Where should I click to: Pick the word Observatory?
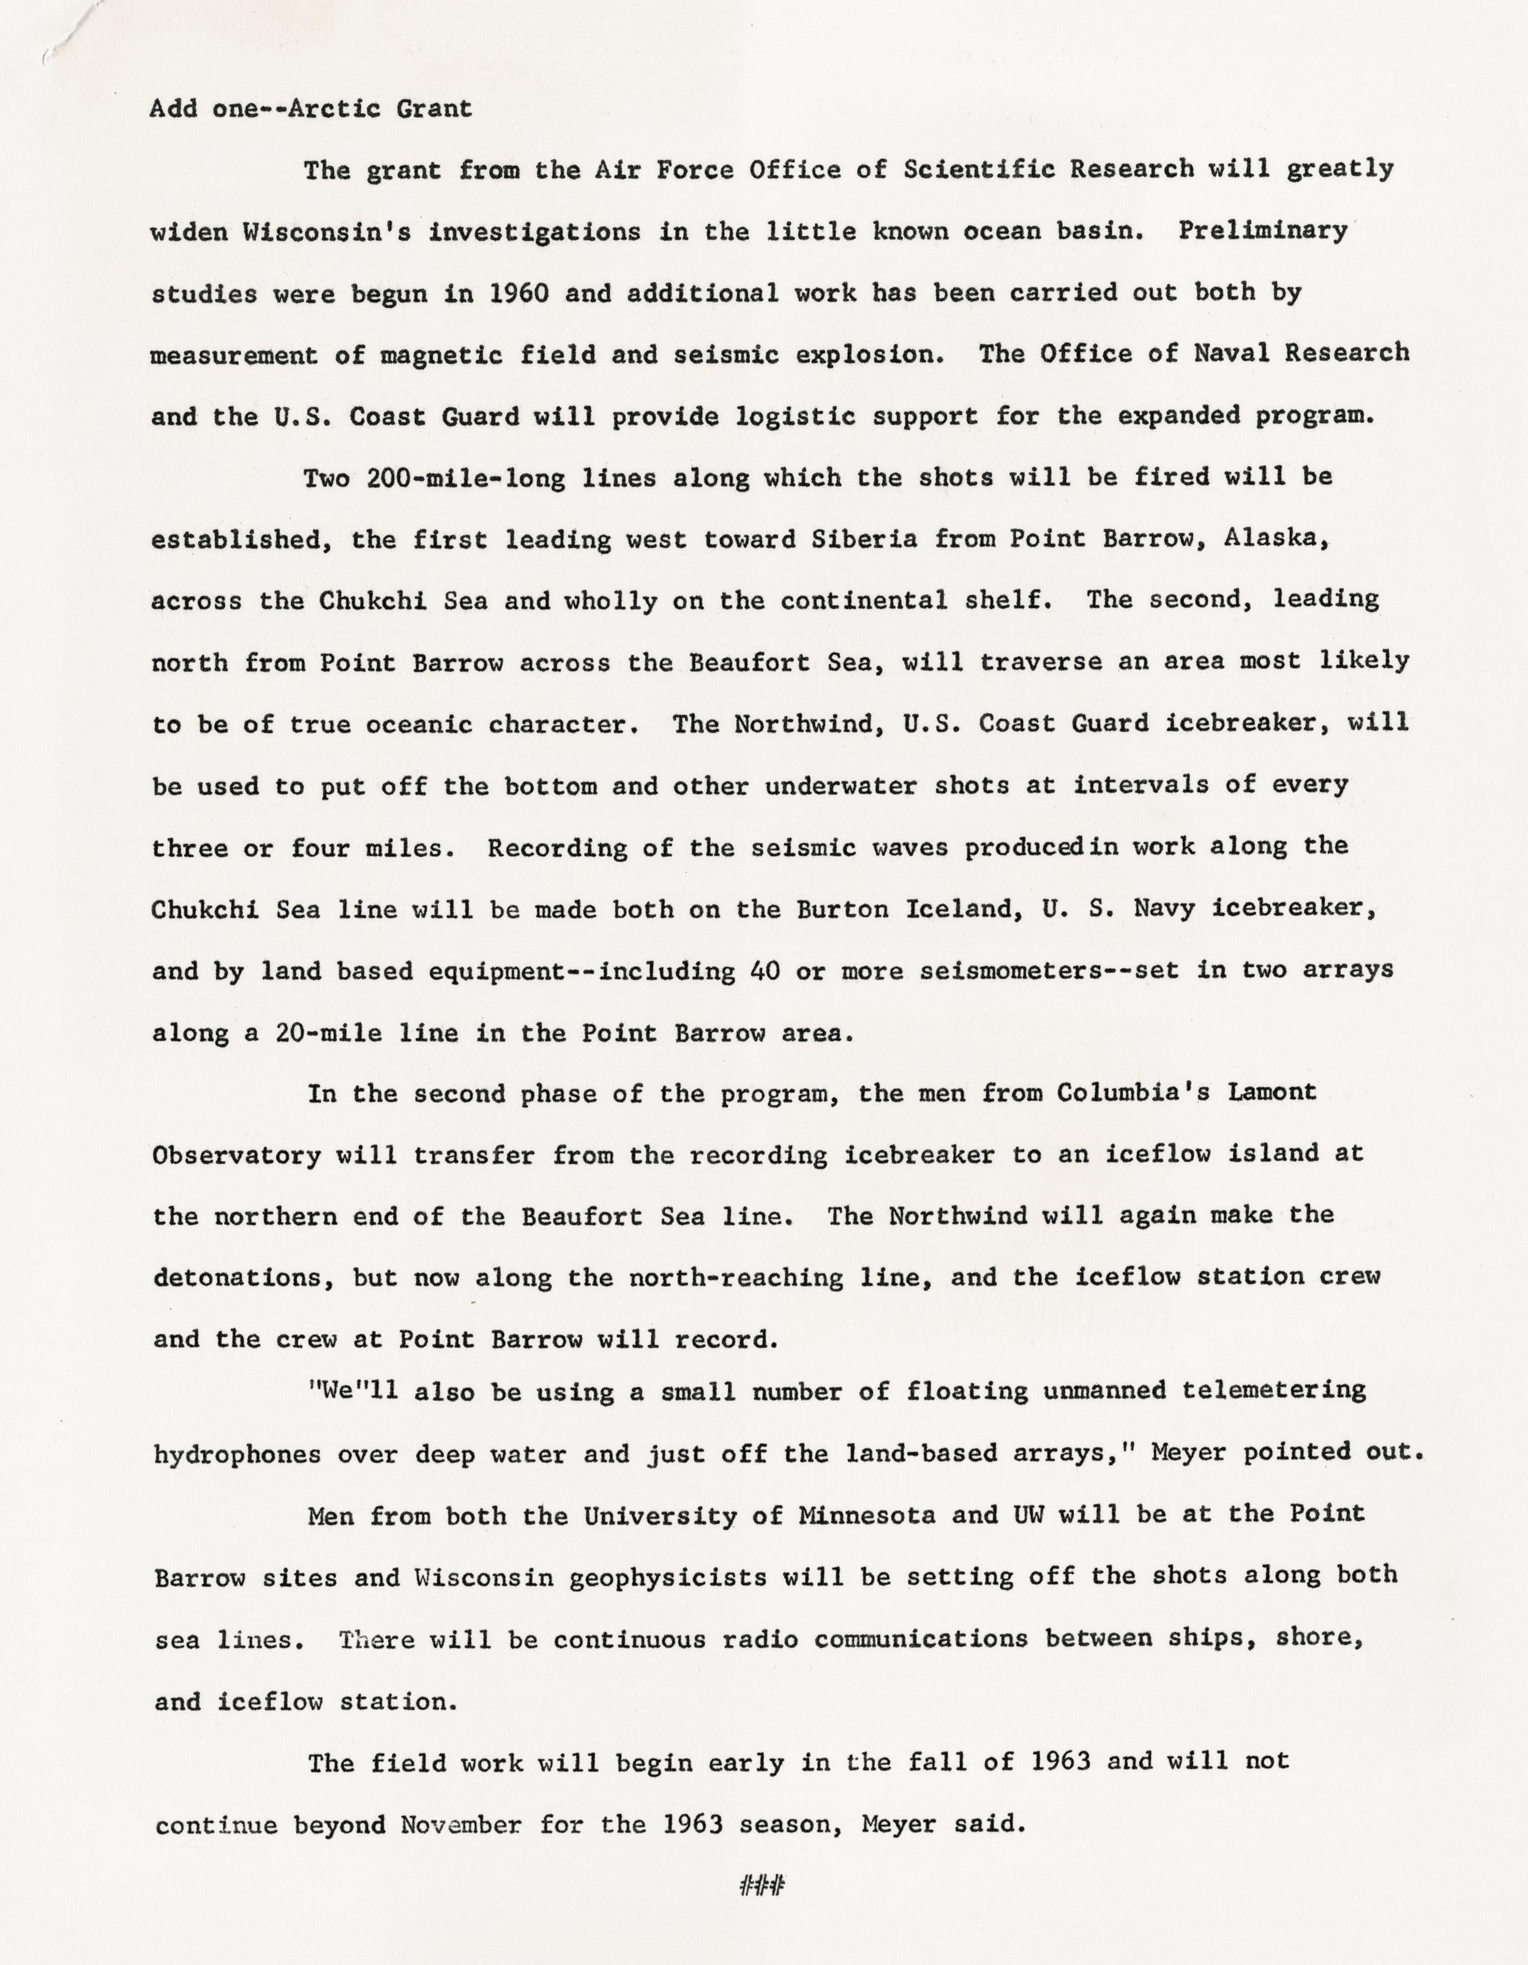[238, 1155]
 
